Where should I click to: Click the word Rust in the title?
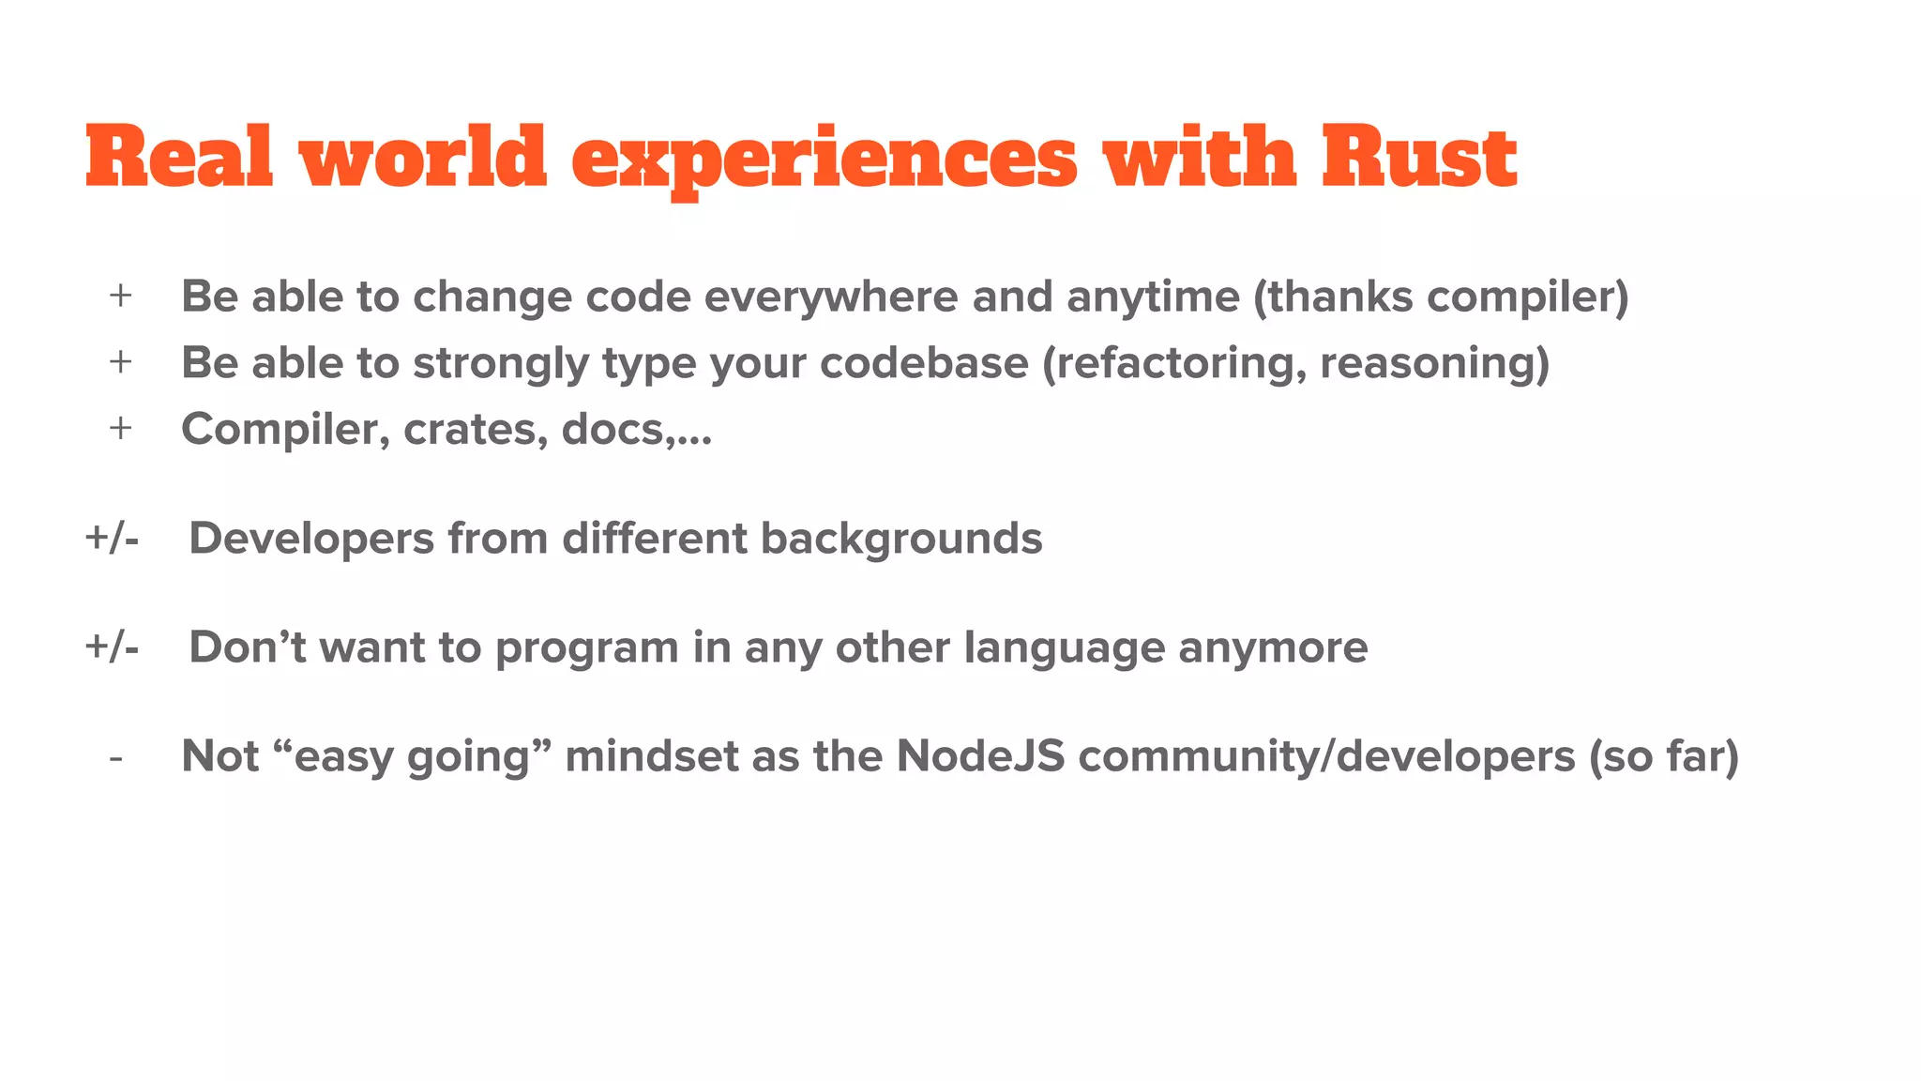pyautogui.click(x=1418, y=158)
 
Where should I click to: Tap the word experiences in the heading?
pyautogui.click(x=824, y=160)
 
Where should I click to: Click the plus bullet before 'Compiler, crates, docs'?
pyautogui.click(x=120, y=429)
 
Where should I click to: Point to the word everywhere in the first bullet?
pyautogui.click(x=831, y=297)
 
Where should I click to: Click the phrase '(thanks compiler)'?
pyautogui.click(x=1441, y=297)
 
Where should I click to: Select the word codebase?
pyautogui.click(x=924, y=363)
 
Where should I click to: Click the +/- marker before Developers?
pyautogui.click(x=112, y=539)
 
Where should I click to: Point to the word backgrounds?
pyautogui.click(x=900, y=539)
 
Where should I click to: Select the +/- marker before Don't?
pyautogui.click(x=112, y=647)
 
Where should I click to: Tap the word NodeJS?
pyautogui.click(x=980, y=756)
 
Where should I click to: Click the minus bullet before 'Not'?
pyautogui.click(x=116, y=757)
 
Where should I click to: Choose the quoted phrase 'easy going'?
pyautogui.click(x=413, y=757)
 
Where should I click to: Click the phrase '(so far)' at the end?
pyautogui.click(x=1663, y=757)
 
